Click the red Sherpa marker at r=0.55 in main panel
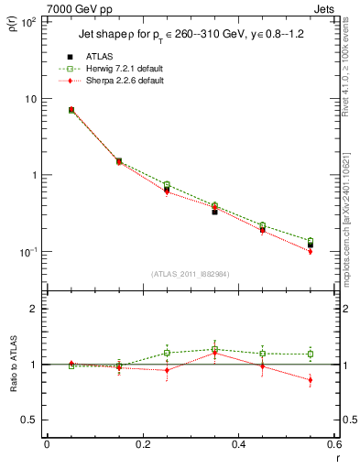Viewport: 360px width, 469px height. [311, 251]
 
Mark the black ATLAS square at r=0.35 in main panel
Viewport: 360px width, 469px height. [214, 211]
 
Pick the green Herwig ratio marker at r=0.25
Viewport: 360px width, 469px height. [167, 353]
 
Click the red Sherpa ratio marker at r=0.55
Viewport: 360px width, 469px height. [311, 380]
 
